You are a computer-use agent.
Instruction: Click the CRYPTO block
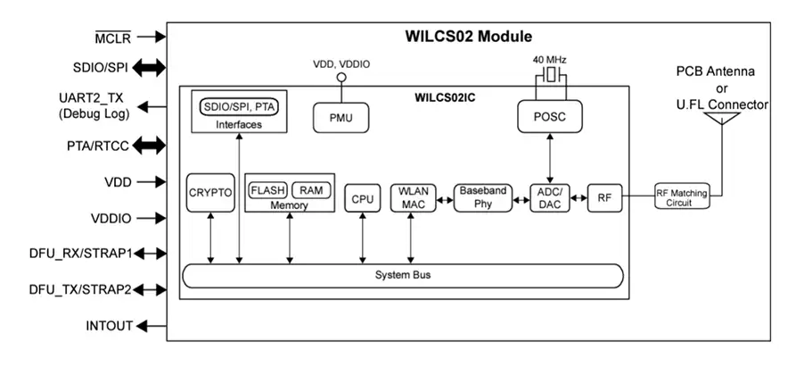coord(210,193)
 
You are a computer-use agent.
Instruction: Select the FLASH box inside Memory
coord(267,190)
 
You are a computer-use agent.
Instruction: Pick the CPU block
coord(362,198)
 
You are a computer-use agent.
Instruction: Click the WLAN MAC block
coord(413,198)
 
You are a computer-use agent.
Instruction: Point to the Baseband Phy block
coord(483,198)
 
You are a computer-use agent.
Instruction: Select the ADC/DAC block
coord(549,198)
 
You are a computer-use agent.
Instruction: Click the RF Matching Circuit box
coord(685,198)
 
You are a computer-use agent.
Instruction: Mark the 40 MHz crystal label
coord(550,61)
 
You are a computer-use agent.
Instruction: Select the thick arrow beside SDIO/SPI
coord(151,67)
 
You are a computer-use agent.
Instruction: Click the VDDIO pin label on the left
coord(111,218)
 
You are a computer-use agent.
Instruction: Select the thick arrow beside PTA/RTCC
coord(151,145)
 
